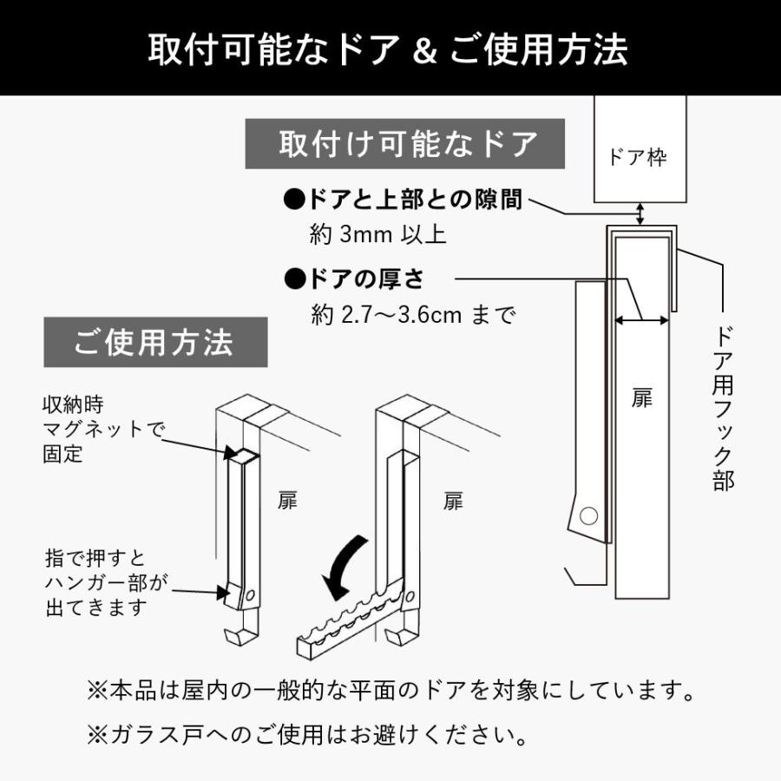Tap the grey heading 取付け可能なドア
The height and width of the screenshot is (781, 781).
pos(405,144)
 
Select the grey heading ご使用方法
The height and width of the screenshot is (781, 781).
pos(154,343)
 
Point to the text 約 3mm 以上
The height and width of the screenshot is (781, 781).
pos(377,234)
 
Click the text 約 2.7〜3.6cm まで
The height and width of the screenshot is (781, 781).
pos(412,314)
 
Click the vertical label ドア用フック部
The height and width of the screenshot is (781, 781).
pos(723,408)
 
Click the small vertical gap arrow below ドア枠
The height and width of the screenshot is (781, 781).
pos(640,213)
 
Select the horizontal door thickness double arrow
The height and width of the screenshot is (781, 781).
pos(641,320)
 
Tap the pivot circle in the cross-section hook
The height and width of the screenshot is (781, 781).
pos(588,516)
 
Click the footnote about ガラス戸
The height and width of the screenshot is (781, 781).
pos(308,736)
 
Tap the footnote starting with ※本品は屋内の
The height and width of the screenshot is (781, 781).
pos(390,692)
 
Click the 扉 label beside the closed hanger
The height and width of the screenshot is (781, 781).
pos(287,502)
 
